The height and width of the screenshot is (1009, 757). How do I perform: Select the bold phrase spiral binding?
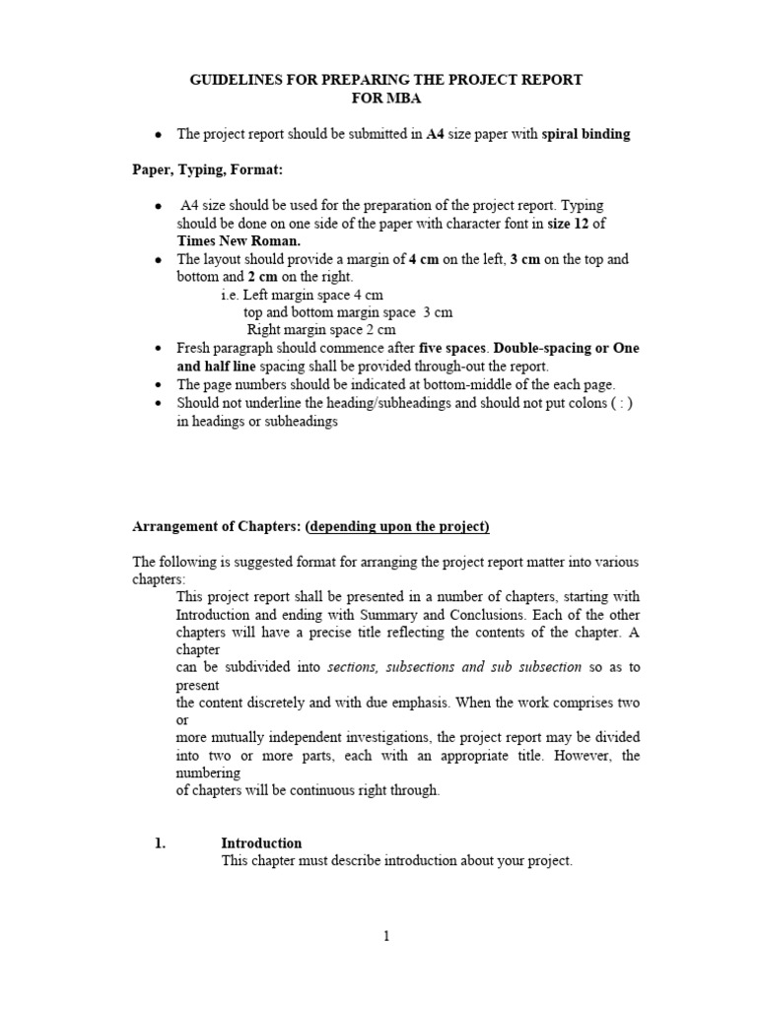[x=585, y=135]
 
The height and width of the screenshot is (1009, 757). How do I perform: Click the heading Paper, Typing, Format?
[x=208, y=170]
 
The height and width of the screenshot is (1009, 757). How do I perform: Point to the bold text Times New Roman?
[x=239, y=240]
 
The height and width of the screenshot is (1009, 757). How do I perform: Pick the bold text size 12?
[x=569, y=224]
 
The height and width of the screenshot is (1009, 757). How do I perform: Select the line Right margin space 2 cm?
[x=321, y=330]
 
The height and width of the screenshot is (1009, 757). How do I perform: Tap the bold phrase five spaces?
[x=452, y=349]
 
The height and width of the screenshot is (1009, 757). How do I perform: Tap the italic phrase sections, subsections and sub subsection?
[x=454, y=667]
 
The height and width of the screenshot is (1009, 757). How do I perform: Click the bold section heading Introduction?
[x=261, y=843]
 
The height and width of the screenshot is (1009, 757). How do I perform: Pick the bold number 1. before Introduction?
[x=161, y=843]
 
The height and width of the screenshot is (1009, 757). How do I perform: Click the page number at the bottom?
[x=386, y=937]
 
